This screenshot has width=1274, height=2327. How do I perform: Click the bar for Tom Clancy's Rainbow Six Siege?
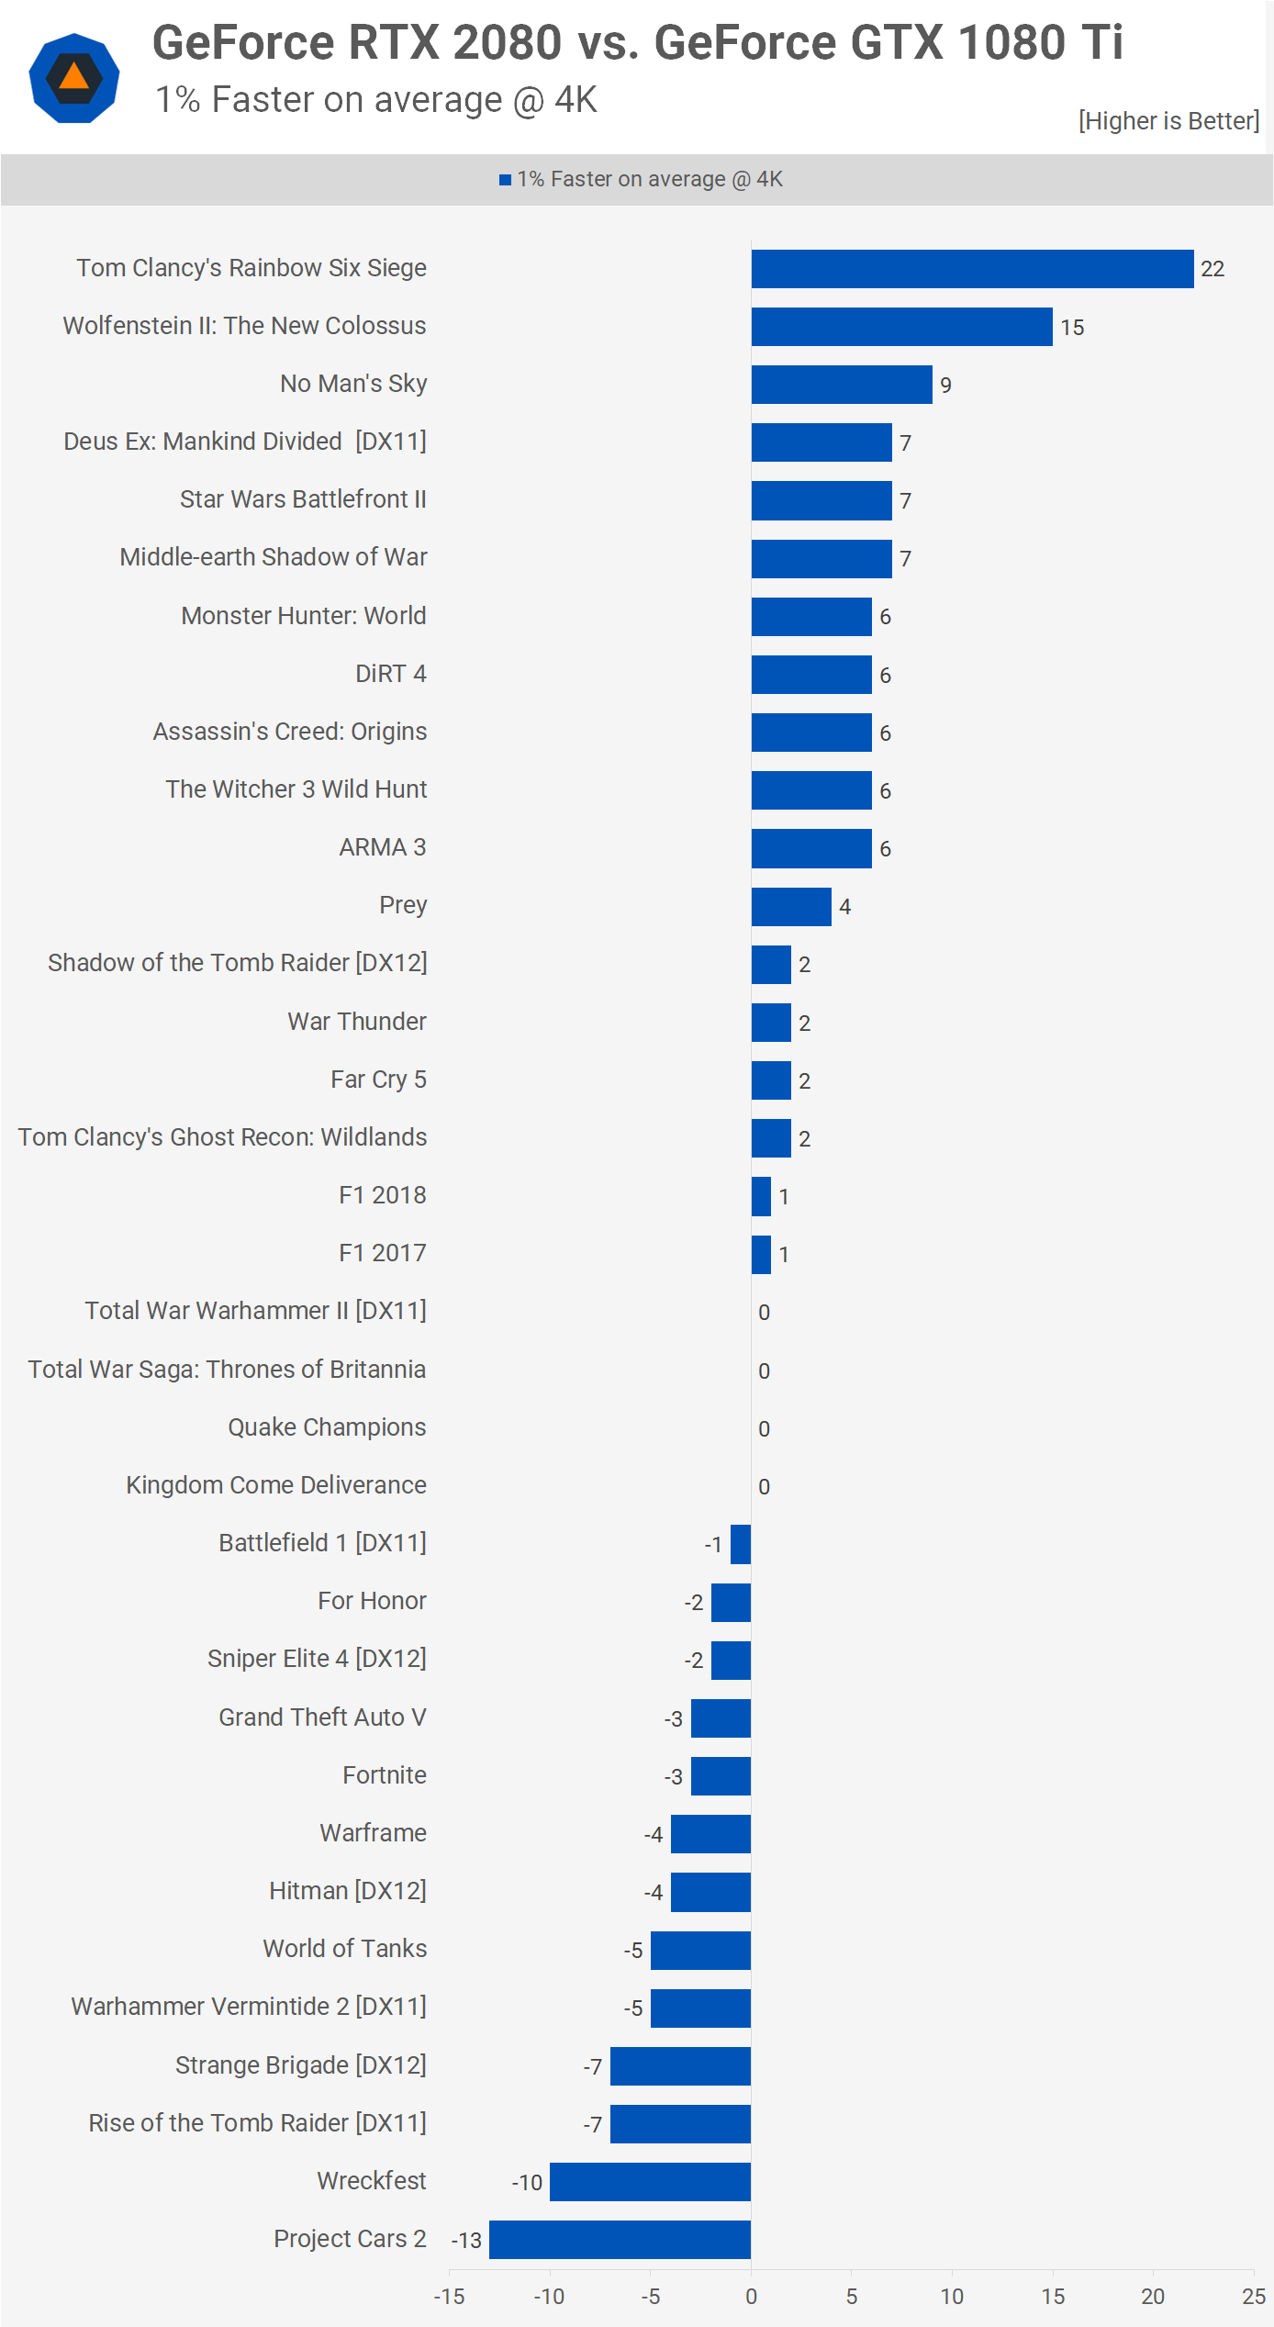[972, 269]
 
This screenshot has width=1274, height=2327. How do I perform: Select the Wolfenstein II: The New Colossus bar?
[901, 327]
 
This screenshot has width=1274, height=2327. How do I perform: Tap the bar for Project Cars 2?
[620, 2240]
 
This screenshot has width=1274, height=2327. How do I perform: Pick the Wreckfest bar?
[650, 2182]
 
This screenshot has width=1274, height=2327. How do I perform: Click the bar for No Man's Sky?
[842, 385]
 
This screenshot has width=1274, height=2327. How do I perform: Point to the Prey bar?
[791, 907]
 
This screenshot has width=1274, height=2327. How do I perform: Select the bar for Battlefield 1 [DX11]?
[741, 1544]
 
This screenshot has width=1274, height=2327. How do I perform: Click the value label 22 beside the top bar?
[1213, 269]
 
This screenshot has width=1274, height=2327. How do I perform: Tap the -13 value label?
[466, 2241]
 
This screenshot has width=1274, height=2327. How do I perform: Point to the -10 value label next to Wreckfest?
[527, 2183]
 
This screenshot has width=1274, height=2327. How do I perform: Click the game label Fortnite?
[385, 1775]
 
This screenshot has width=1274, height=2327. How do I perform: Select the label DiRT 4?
[391, 674]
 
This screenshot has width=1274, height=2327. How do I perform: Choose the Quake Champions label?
[327, 1427]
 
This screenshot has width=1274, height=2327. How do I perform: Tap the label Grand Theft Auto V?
[322, 1717]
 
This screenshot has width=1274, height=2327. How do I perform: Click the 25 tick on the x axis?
[1254, 2297]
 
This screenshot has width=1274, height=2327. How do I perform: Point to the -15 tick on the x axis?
[449, 2297]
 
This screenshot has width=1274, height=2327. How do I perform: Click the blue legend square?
[505, 180]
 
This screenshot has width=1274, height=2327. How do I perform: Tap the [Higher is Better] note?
[1168, 121]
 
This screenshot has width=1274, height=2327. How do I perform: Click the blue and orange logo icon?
[74, 78]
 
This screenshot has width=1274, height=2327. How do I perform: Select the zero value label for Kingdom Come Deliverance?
[764, 1487]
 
